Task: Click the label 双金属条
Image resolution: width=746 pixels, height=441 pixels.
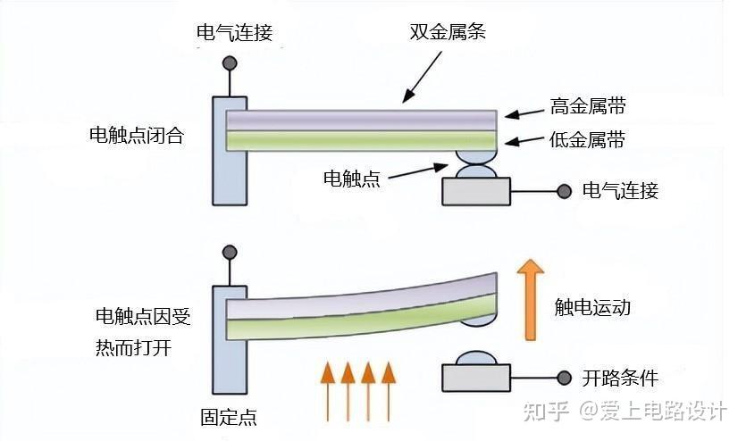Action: click(x=448, y=32)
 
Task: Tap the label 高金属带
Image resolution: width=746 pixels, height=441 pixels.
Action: click(x=588, y=106)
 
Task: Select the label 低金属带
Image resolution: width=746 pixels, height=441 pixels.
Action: click(x=587, y=140)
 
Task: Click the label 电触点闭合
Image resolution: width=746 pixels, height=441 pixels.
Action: click(x=137, y=135)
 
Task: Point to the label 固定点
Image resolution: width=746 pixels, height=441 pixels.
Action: click(x=229, y=417)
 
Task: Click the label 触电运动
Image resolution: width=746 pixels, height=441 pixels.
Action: click(x=592, y=307)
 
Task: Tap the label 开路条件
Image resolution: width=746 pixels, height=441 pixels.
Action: click(x=620, y=379)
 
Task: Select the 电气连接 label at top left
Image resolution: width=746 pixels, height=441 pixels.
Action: click(x=235, y=32)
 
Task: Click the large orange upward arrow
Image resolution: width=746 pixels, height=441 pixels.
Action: click(x=531, y=299)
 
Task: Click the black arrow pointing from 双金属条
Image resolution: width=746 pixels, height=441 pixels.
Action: click(x=422, y=77)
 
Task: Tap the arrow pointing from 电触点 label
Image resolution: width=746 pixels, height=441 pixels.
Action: click(x=418, y=171)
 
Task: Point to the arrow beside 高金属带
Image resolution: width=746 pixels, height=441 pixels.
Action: click(x=524, y=113)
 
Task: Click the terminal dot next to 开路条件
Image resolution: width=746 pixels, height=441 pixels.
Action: click(x=565, y=378)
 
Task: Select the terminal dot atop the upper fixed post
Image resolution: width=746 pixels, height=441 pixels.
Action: click(x=230, y=62)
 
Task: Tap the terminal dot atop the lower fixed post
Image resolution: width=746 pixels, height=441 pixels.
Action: click(x=230, y=252)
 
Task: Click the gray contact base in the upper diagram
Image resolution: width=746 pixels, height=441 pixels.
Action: click(x=476, y=192)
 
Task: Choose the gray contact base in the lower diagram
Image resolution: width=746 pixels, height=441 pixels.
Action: click(x=476, y=378)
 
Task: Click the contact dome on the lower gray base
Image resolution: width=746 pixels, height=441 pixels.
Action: click(x=476, y=358)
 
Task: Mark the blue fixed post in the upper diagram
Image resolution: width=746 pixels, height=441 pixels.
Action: click(x=230, y=151)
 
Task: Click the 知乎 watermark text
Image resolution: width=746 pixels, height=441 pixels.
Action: click(x=546, y=411)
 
